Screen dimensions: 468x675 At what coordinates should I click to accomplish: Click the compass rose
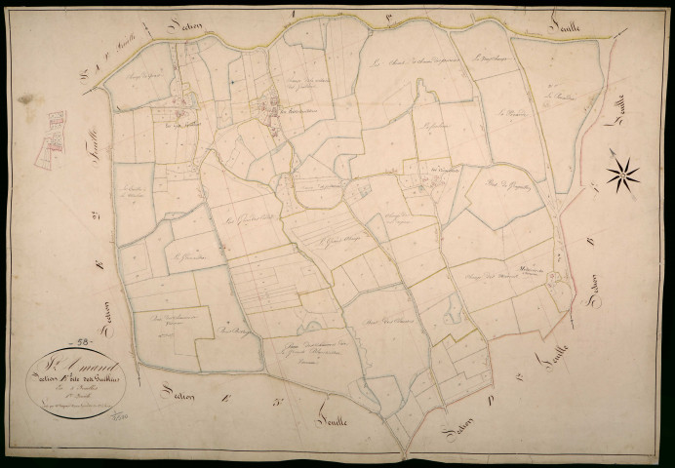pos(622,175)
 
